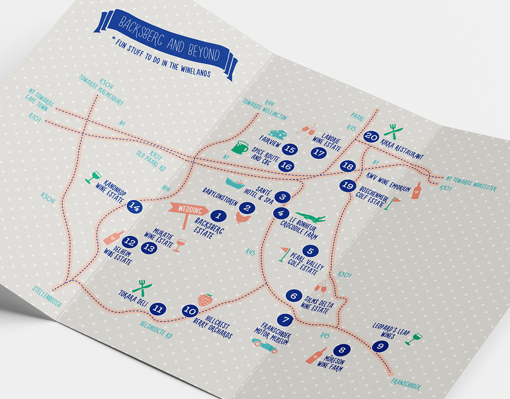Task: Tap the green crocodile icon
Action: (x=311, y=216)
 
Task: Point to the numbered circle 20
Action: (x=371, y=136)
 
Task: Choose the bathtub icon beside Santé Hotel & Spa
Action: (x=237, y=185)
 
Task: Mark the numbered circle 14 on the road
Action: (x=135, y=207)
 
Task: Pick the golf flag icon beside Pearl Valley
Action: (x=285, y=254)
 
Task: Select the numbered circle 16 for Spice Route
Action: (x=286, y=166)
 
